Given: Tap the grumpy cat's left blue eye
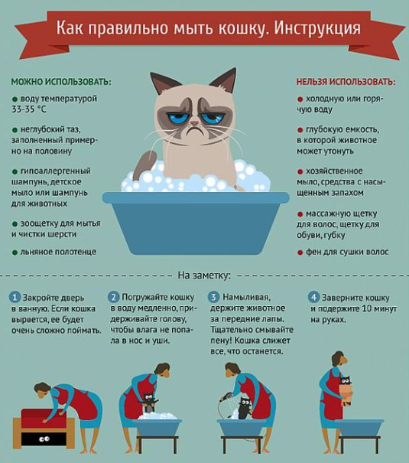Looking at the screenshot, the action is tap(177, 119).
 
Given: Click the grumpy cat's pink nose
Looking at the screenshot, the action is tap(194, 123).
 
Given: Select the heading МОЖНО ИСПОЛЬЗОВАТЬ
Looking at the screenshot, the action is tap(61, 81).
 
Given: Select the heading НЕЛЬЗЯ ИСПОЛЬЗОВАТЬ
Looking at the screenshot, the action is tap(346, 81).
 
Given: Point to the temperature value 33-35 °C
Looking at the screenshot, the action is tap(29, 109).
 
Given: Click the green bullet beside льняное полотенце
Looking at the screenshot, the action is tap(15, 253).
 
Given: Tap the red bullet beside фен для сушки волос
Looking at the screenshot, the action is tap(300, 253).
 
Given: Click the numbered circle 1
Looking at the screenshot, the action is tap(15, 297).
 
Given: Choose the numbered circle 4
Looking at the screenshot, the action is tap(313, 297).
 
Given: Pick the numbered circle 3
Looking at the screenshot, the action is tap(213, 297).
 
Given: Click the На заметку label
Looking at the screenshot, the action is tap(204, 276).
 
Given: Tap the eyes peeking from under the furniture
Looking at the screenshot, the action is tap(44, 439).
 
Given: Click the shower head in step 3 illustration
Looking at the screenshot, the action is tap(226, 396).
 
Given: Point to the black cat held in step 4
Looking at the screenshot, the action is tap(345, 390).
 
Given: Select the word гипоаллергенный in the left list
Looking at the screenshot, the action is tap(56, 171).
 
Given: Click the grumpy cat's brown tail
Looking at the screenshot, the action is tap(143, 165).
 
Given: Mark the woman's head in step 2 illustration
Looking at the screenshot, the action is tap(162, 370).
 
